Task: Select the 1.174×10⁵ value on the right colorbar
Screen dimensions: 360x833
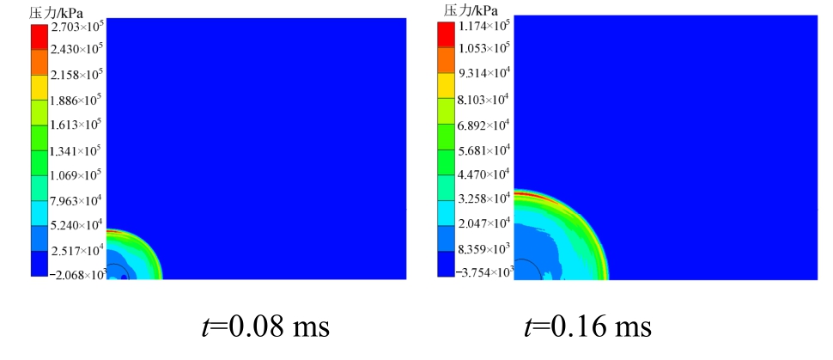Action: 485,24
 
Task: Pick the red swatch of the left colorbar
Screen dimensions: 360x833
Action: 40,37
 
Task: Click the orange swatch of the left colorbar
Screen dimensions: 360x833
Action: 40,62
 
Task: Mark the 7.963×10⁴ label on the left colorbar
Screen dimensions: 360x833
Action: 77,202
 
